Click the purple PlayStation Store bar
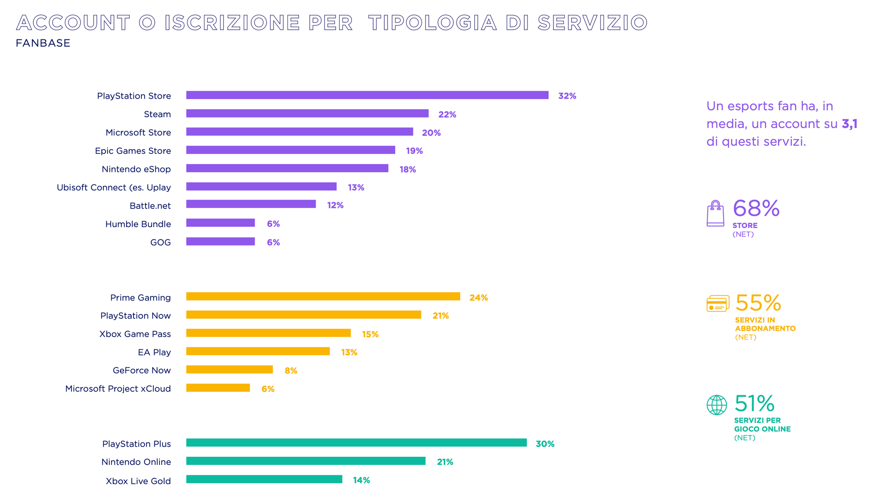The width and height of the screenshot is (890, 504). [x=367, y=95]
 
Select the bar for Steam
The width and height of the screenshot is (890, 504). [x=307, y=113]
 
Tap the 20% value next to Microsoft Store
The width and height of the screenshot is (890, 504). [x=431, y=133]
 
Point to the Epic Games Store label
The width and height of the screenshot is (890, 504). [x=133, y=151]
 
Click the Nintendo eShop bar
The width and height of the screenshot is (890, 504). [x=287, y=168]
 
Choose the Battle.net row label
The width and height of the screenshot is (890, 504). [x=150, y=206]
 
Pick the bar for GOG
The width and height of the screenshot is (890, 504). [x=221, y=241]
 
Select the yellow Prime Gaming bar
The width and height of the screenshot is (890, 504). [x=323, y=296]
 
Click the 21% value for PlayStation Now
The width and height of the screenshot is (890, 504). [x=441, y=316]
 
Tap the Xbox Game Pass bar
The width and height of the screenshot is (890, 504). [x=268, y=333]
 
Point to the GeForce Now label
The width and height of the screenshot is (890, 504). [x=142, y=371]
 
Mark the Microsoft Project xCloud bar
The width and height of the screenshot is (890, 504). [x=218, y=388]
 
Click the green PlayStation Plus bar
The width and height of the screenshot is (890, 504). [x=356, y=443]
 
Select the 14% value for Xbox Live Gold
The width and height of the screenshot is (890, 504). [x=362, y=480]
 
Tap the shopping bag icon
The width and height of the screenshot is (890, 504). [x=715, y=214]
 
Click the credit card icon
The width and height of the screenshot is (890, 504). [x=718, y=304]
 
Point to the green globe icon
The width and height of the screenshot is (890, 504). [x=717, y=405]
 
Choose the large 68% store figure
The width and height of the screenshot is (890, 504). [x=756, y=208]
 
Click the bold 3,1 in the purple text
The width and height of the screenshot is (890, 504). [x=850, y=124]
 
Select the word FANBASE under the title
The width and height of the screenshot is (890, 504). [x=43, y=43]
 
